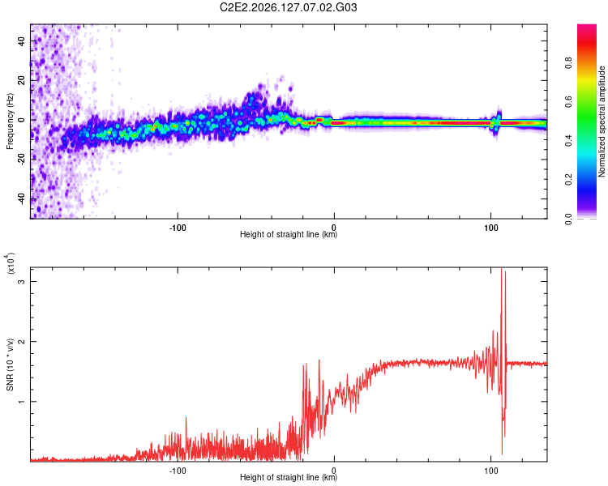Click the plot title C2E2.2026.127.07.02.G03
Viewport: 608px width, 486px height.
pos(288,7)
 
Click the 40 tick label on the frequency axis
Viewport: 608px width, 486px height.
pos(22,40)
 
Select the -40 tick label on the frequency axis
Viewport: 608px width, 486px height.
pos(22,198)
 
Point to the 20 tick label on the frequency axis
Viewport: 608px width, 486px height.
pos(22,80)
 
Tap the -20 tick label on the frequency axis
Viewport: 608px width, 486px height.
pos(22,160)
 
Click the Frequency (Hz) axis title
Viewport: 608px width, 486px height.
pos(10,122)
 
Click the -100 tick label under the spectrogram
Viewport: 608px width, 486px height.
pos(178,228)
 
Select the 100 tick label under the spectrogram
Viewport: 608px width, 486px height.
pos(490,228)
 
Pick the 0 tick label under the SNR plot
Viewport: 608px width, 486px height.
pos(334,471)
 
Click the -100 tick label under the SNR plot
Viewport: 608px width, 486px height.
pos(178,471)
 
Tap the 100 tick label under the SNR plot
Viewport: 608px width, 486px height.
pos(490,471)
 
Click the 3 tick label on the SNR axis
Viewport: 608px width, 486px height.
pos(22,281)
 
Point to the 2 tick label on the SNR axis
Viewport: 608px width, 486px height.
pos(22,342)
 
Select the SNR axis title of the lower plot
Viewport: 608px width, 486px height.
pos(10,364)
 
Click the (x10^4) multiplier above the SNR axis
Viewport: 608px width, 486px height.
pos(10,263)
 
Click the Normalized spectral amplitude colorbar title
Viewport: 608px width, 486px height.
pos(602,122)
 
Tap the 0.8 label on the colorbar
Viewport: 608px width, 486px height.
pos(568,63)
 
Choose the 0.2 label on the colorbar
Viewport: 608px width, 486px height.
pos(568,180)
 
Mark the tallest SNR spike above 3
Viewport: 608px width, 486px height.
pos(501,268)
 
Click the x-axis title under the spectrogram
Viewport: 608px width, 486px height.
pos(289,234)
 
